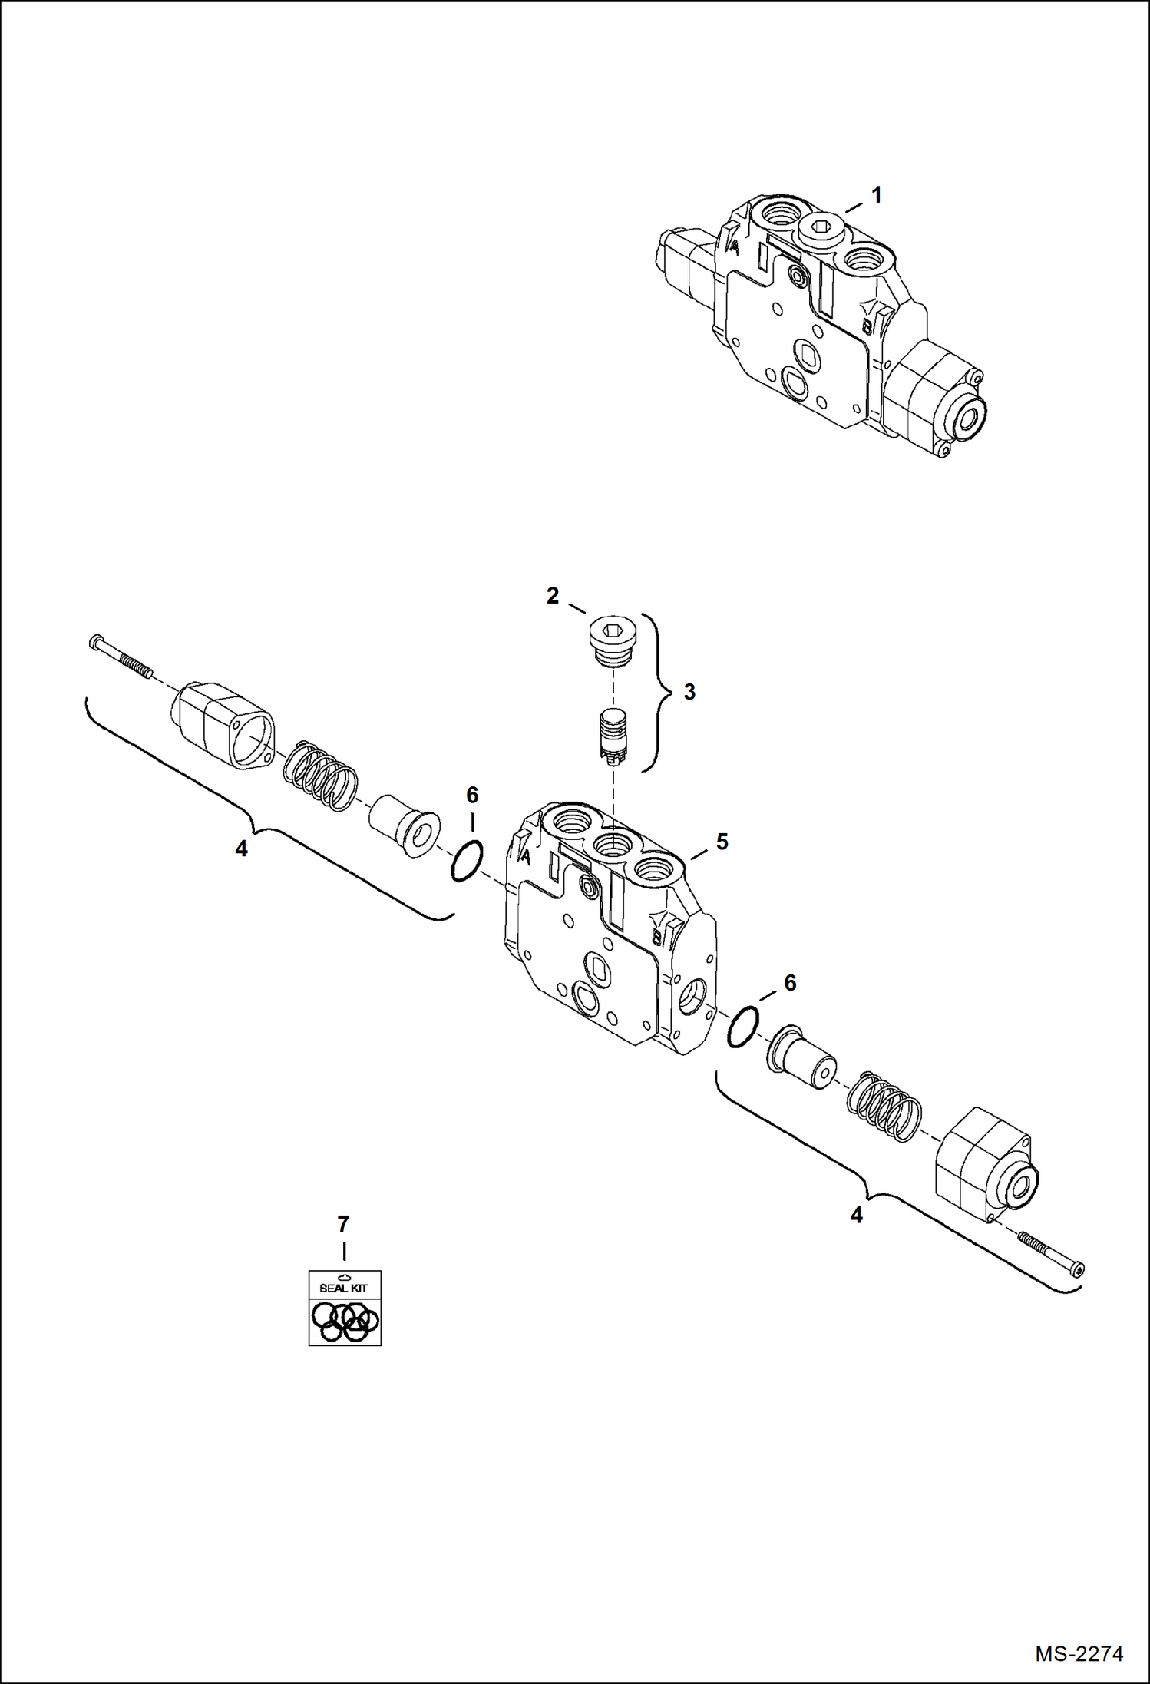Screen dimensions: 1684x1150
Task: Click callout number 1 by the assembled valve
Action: (x=876, y=196)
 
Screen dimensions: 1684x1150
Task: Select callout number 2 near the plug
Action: (x=553, y=596)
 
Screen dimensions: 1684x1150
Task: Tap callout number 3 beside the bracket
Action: (x=689, y=692)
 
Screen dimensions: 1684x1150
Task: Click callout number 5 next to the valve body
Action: (x=722, y=842)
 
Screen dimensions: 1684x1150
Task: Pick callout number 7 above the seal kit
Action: (x=343, y=1224)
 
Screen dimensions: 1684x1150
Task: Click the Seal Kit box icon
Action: (x=345, y=1308)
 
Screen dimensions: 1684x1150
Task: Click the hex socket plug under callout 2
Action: (x=612, y=641)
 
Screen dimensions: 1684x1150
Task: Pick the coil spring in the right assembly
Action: (x=884, y=1106)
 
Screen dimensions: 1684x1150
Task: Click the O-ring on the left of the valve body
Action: (x=467, y=861)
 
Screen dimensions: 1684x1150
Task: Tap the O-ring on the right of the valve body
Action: (x=743, y=1027)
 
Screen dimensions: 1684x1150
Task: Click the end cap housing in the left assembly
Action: (x=223, y=726)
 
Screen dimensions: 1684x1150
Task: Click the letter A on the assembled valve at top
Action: (x=734, y=248)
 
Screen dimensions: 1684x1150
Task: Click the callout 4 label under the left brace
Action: (x=241, y=849)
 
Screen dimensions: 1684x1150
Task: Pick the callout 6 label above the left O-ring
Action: (x=472, y=795)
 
